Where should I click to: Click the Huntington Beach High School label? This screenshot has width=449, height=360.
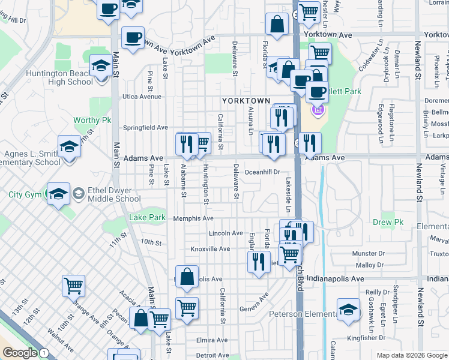pos(59,78)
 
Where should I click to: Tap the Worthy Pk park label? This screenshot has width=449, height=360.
pos(92,120)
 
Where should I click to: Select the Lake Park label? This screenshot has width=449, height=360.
pos(147,217)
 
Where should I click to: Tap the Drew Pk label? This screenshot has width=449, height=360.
pos(386,222)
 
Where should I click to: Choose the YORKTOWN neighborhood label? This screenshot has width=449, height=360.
pos(246,101)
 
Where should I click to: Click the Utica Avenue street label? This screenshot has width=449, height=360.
pos(142,96)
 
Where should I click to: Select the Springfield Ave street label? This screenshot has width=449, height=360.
pos(145,127)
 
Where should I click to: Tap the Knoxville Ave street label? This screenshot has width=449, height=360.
pos(210,248)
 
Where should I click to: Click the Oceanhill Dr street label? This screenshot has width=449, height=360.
pos(262,172)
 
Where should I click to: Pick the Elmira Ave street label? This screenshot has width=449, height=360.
pos(212,340)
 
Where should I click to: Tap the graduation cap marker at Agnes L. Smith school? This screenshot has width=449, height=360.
pos(69,146)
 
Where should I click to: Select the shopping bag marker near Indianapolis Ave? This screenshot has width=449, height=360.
pos(187,277)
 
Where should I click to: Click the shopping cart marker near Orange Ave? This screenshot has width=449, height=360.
pos(73,286)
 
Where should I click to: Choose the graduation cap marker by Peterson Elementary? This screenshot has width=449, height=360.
pos(348,309)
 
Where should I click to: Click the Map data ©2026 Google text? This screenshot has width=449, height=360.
pos(411,355)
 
